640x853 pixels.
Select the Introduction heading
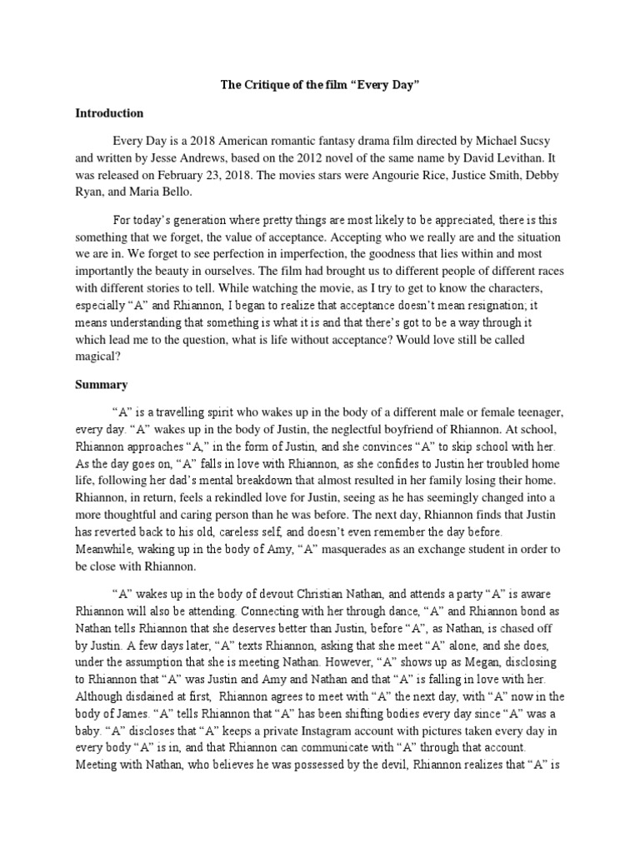tap(110, 112)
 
